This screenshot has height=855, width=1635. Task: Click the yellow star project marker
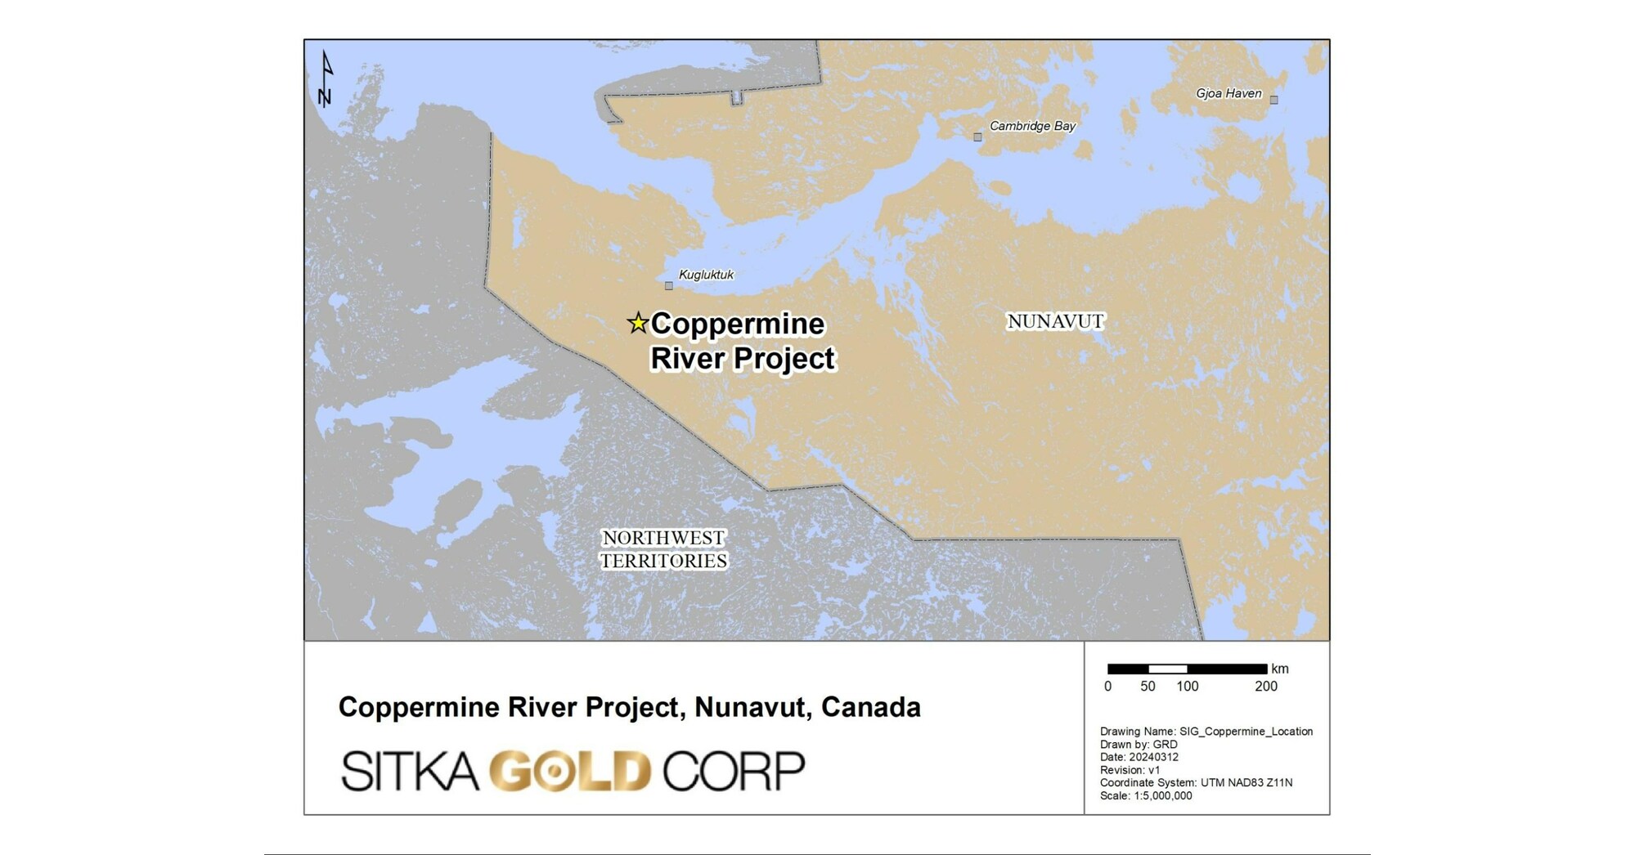[637, 323]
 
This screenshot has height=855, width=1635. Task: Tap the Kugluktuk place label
[706, 275]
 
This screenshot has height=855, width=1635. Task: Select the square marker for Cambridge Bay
[977, 137]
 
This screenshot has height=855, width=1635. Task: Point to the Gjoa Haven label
[1228, 93]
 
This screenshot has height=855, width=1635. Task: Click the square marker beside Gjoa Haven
[1273, 100]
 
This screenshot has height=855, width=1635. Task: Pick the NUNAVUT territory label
[1055, 321]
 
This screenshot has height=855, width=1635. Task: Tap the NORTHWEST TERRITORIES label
[663, 549]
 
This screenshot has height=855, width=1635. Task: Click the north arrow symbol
[326, 79]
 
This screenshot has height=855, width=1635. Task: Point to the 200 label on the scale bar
[1265, 686]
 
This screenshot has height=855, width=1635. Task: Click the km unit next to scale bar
[1280, 669]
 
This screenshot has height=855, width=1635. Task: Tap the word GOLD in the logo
[570, 771]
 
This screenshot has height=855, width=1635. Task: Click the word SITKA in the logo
[409, 771]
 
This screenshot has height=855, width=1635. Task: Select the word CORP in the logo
[734, 771]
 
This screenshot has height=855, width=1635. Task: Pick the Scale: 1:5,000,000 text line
[1145, 795]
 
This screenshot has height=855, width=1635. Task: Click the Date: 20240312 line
[1139, 757]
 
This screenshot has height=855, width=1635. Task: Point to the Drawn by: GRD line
[1138, 745]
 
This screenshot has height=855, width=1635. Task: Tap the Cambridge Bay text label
[1032, 126]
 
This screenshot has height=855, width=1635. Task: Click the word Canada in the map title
[870, 707]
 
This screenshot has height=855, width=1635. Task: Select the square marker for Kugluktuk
[668, 285]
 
